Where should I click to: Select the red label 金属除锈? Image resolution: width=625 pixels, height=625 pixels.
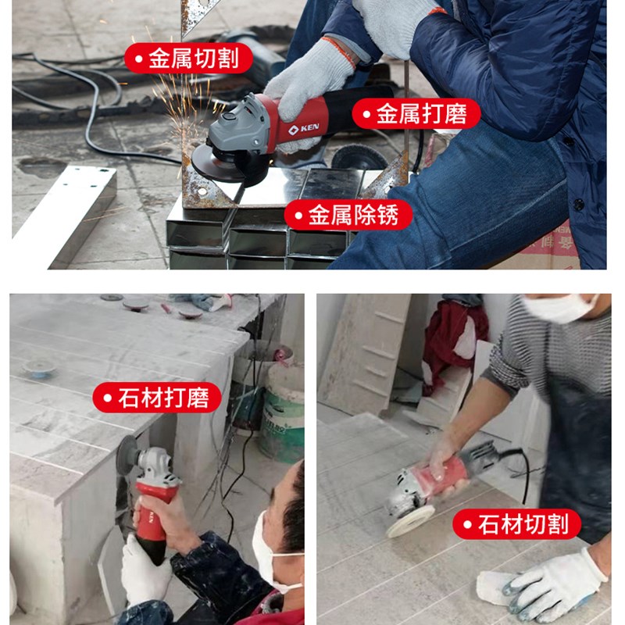click(348, 214)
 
